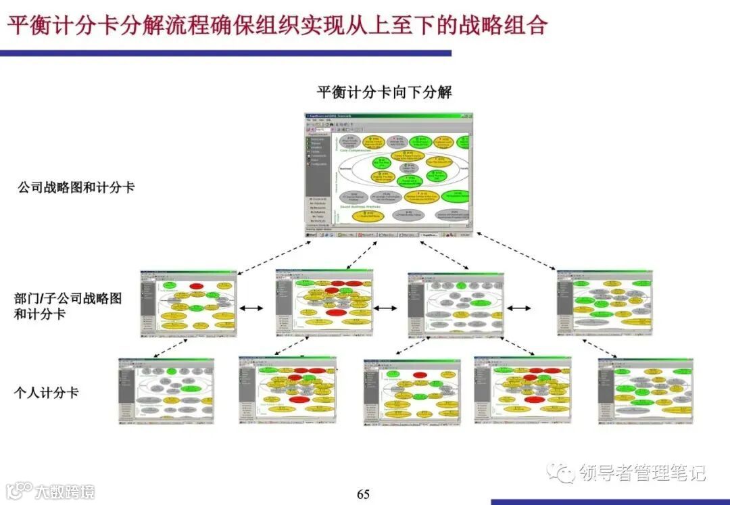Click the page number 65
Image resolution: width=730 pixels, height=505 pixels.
(x=363, y=494)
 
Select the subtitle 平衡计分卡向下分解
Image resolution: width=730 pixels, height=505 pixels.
(x=384, y=92)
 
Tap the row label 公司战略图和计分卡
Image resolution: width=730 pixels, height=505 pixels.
(x=76, y=187)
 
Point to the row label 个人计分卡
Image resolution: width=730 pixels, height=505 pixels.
(x=46, y=392)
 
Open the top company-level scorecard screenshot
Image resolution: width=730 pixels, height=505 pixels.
(x=388, y=174)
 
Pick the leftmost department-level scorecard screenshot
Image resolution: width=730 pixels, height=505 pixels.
(x=189, y=304)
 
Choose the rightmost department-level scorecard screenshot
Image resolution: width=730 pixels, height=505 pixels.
(x=604, y=304)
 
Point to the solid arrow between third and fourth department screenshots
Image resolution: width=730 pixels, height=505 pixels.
(x=519, y=308)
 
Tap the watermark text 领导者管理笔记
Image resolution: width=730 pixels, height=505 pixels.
(x=642, y=473)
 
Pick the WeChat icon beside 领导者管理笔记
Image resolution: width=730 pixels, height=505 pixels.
(x=561, y=472)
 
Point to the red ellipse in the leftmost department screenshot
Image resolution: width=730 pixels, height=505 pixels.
(x=196, y=286)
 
